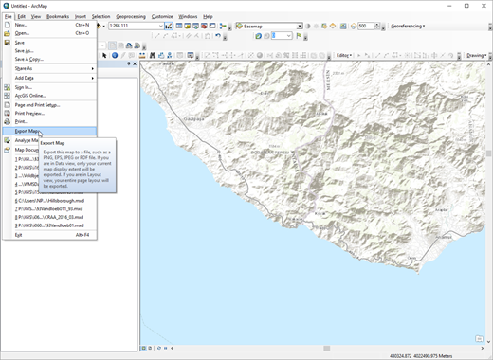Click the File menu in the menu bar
click(8, 16)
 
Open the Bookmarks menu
click(57, 16)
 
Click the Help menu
click(208, 16)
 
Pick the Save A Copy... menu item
click(29, 59)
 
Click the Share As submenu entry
click(24, 68)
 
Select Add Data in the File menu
click(26, 78)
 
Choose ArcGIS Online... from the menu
click(30, 96)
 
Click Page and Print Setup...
click(38, 104)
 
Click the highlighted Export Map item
click(28, 131)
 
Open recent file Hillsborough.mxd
click(53, 202)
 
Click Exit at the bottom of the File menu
click(19, 235)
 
